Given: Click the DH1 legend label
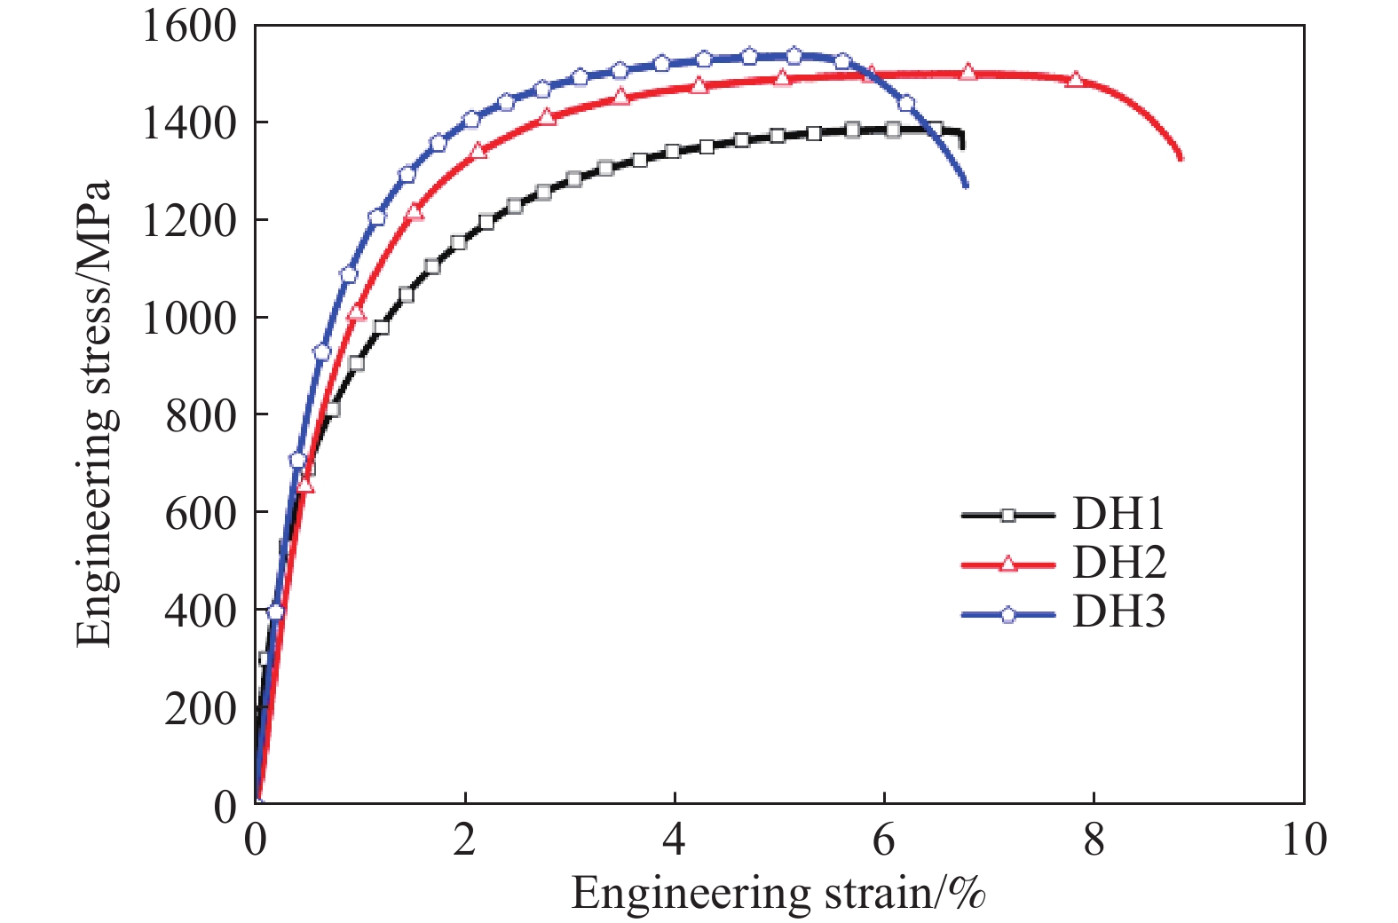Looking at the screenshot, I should coord(1118,514).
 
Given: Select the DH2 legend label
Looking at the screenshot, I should coord(1118,563).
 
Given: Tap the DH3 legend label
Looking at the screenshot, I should coord(1118,612).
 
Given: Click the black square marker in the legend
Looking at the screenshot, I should coord(1007,515).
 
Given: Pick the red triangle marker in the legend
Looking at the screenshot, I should coord(1008,564).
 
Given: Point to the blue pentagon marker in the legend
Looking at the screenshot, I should coord(1008,614).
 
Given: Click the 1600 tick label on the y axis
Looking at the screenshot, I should coord(189,27).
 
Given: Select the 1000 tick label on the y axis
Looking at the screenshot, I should coord(189,318).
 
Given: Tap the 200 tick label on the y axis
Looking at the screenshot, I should coord(201,708).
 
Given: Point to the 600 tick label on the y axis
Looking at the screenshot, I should coord(201,513).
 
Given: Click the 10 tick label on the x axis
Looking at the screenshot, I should coord(1303,840).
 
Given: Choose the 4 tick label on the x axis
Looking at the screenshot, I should coord(674,840).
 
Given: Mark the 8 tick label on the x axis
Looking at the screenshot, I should coord(1094,840).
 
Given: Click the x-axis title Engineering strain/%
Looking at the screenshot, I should coord(778,893).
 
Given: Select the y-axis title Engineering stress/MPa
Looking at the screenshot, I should coord(94,414).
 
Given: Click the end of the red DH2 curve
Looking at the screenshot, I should coord(1181,159).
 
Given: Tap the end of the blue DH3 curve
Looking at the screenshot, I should coord(966,185).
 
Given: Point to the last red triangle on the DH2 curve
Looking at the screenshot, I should coord(1075,79).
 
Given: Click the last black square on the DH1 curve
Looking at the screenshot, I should coord(934,130).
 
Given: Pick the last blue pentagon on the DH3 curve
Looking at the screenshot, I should coord(906,104).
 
